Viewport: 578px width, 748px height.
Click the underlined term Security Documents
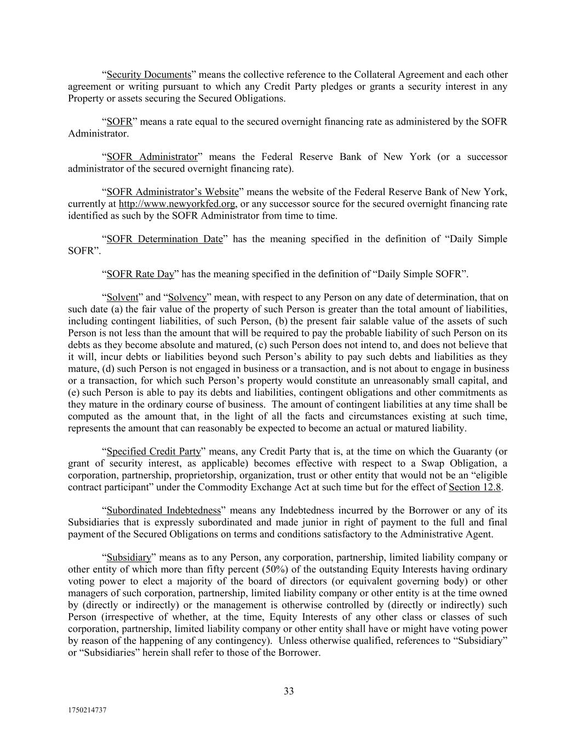pyautogui.click(x=148, y=75)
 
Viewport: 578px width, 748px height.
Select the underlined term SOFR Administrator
pyautogui.click(x=152, y=157)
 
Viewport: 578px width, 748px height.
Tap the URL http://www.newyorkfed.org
pyautogui.click(x=177, y=204)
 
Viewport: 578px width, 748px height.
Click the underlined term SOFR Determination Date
pyautogui.click(x=164, y=239)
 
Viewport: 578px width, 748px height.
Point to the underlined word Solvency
pyautogui.click(x=187, y=298)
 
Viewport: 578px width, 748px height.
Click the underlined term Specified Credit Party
pyautogui.click(x=153, y=452)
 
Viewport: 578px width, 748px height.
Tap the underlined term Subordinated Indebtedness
pyautogui.click(x=163, y=511)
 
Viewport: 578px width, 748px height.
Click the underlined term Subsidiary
pyautogui.click(x=129, y=557)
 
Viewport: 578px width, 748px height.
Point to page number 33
pyautogui.click(x=289, y=691)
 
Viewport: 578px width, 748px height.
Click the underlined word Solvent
pyautogui.click(x=122, y=298)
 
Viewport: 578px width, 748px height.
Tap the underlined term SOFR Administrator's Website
pyautogui.click(x=173, y=192)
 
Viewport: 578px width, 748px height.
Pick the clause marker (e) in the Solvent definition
pyautogui.click(x=73, y=392)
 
